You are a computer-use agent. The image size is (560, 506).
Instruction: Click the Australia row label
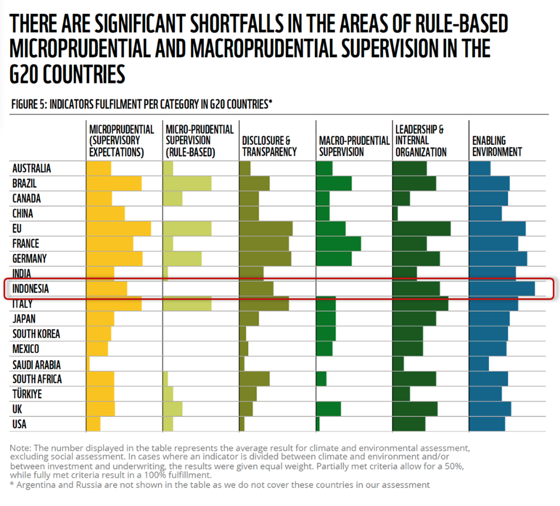coord(32,169)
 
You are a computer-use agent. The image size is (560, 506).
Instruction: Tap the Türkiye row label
coord(27,395)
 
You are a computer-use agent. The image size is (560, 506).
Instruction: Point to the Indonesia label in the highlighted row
coord(30,289)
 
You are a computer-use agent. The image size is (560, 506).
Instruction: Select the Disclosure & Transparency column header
coord(269,146)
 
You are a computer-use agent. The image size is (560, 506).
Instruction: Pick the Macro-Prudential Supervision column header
coord(354,146)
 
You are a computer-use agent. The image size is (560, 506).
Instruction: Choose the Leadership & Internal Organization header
coord(421,140)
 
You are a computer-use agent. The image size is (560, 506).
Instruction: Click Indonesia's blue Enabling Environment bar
coord(502,289)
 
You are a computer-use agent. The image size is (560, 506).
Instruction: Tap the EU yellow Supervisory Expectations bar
coord(118,228)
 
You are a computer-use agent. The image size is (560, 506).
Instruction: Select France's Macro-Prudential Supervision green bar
coord(338,243)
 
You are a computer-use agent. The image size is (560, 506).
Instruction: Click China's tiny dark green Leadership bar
coord(395,214)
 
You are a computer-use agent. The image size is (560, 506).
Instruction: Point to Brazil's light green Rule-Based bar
coord(187,184)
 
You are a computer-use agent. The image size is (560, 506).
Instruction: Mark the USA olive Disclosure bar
coord(242,425)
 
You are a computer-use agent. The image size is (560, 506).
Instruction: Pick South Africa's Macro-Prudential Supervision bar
coord(321,379)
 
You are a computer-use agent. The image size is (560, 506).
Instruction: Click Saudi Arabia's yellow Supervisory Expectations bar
coord(88,364)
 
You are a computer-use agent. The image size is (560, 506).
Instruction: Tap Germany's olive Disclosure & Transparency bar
coord(265,258)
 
